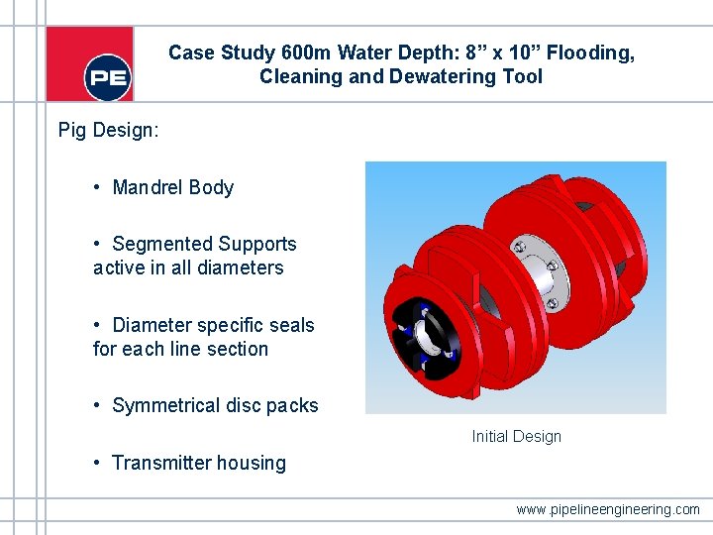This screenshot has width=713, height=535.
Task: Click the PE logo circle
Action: [x=108, y=76]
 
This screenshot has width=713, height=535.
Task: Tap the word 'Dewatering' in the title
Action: [x=456, y=76]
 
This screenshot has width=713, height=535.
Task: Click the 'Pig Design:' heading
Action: [x=107, y=130]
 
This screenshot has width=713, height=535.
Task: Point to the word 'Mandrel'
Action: [x=149, y=187]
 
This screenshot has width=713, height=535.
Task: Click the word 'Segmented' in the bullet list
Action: [x=162, y=244]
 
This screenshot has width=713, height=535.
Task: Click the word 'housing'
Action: [x=254, y=463]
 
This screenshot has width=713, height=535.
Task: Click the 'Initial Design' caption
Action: [x=516, y=436]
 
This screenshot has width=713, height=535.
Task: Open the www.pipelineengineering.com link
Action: [x=608, y=509]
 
